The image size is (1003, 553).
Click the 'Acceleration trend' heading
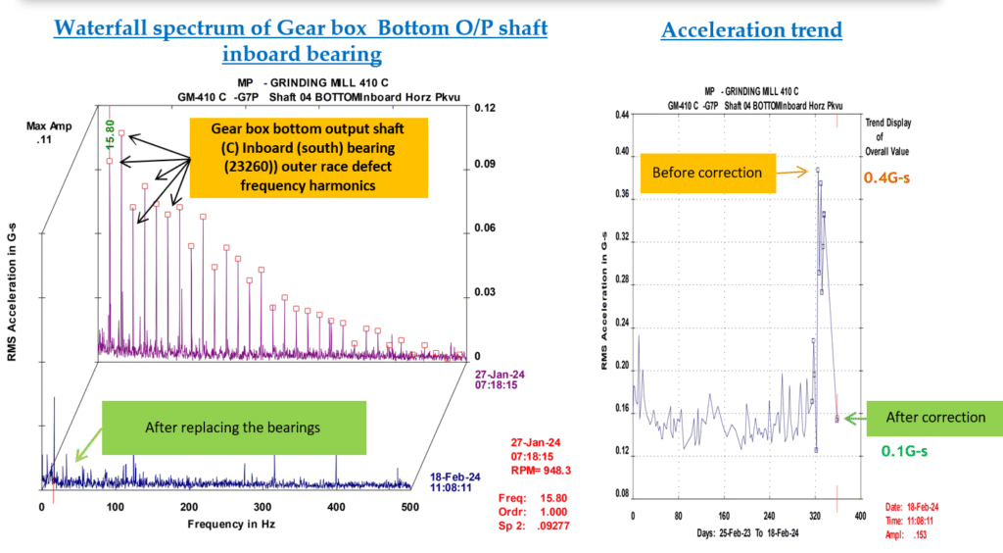tap(751, 29)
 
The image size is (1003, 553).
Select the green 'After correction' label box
tap(935, 417)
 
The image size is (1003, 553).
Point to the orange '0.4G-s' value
tap(889, 177)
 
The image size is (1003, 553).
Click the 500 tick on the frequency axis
tap(410, 506)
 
